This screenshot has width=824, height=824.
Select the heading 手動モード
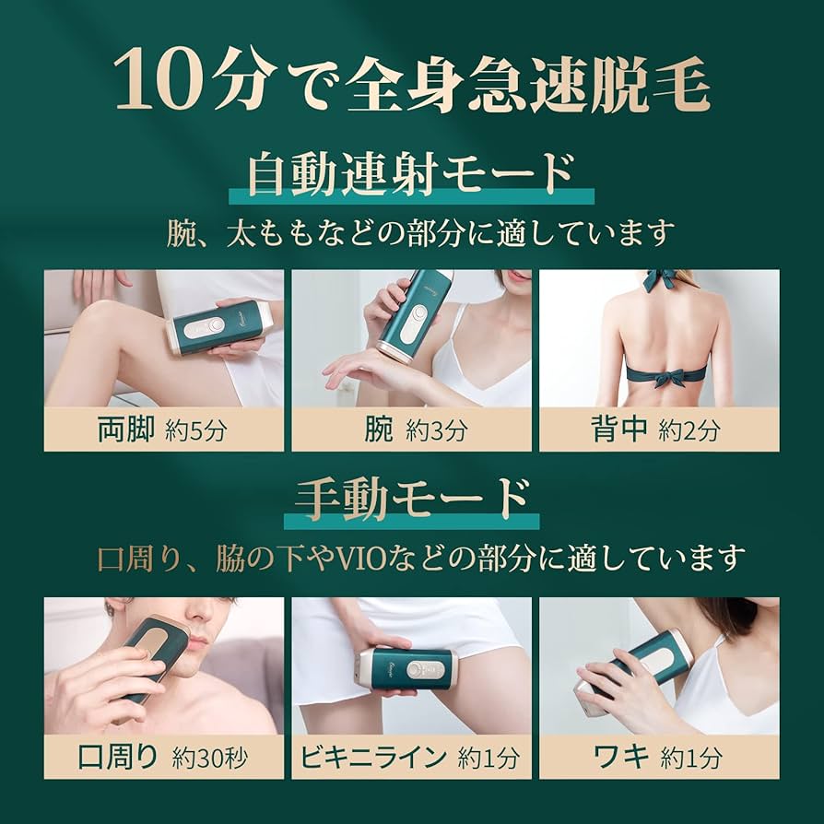point(411,500)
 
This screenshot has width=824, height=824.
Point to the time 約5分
point(196,431)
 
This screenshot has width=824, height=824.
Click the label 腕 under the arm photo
point(378,430)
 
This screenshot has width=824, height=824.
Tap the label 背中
point(618,430)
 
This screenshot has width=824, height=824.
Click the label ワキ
point(623,758)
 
